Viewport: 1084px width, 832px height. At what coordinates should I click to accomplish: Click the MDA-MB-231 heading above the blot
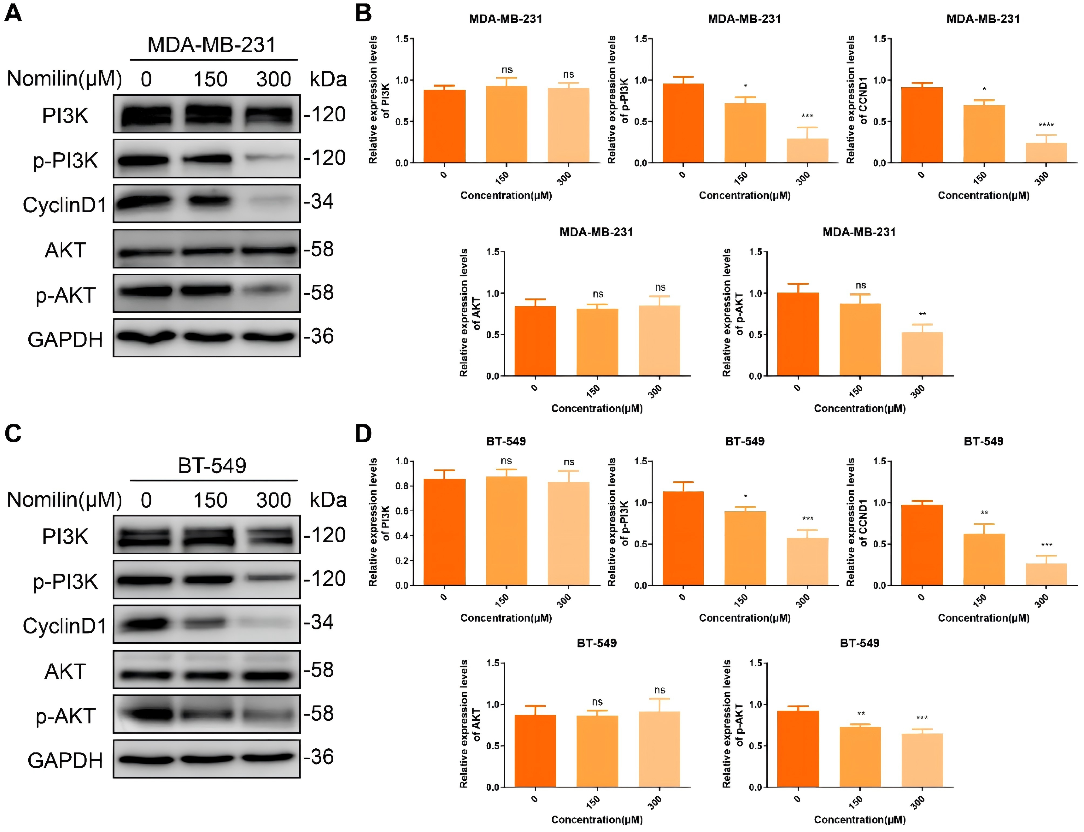(212, 45)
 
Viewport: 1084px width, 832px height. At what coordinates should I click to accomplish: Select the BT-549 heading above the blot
(212, 465)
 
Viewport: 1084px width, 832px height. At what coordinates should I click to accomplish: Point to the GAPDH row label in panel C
(65, 760)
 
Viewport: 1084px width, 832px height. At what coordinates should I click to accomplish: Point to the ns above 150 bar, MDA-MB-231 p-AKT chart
(861, 285)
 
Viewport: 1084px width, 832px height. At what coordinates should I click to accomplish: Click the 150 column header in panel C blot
(210, 500)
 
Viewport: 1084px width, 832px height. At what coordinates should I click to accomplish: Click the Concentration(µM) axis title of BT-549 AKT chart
(597, 820)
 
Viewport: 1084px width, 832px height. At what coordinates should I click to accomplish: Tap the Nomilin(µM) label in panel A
(64, 79)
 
